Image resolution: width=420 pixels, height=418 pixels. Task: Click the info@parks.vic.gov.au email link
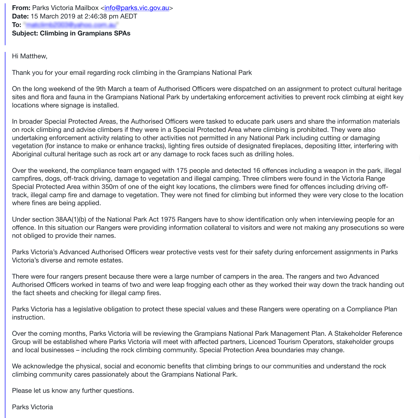tap(137, 8)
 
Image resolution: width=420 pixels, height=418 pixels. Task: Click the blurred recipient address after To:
tap(71, 25)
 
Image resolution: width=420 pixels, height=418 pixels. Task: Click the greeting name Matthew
tap(33, 56)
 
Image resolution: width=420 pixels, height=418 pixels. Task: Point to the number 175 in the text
tap(182, 170)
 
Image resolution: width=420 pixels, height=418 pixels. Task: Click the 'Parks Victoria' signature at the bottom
tap(32, 407)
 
